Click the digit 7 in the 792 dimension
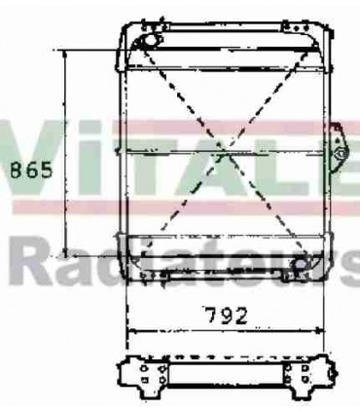[x=212, y=315]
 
